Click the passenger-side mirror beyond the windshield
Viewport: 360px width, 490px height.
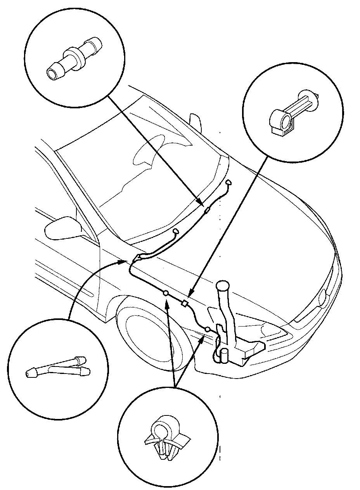[196, 121]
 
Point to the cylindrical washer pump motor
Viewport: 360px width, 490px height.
[224, 356]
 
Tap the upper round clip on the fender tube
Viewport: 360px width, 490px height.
[166, 293]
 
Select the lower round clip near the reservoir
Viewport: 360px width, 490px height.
[208, 329]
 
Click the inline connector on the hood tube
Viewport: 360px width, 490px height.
[207, 211]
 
